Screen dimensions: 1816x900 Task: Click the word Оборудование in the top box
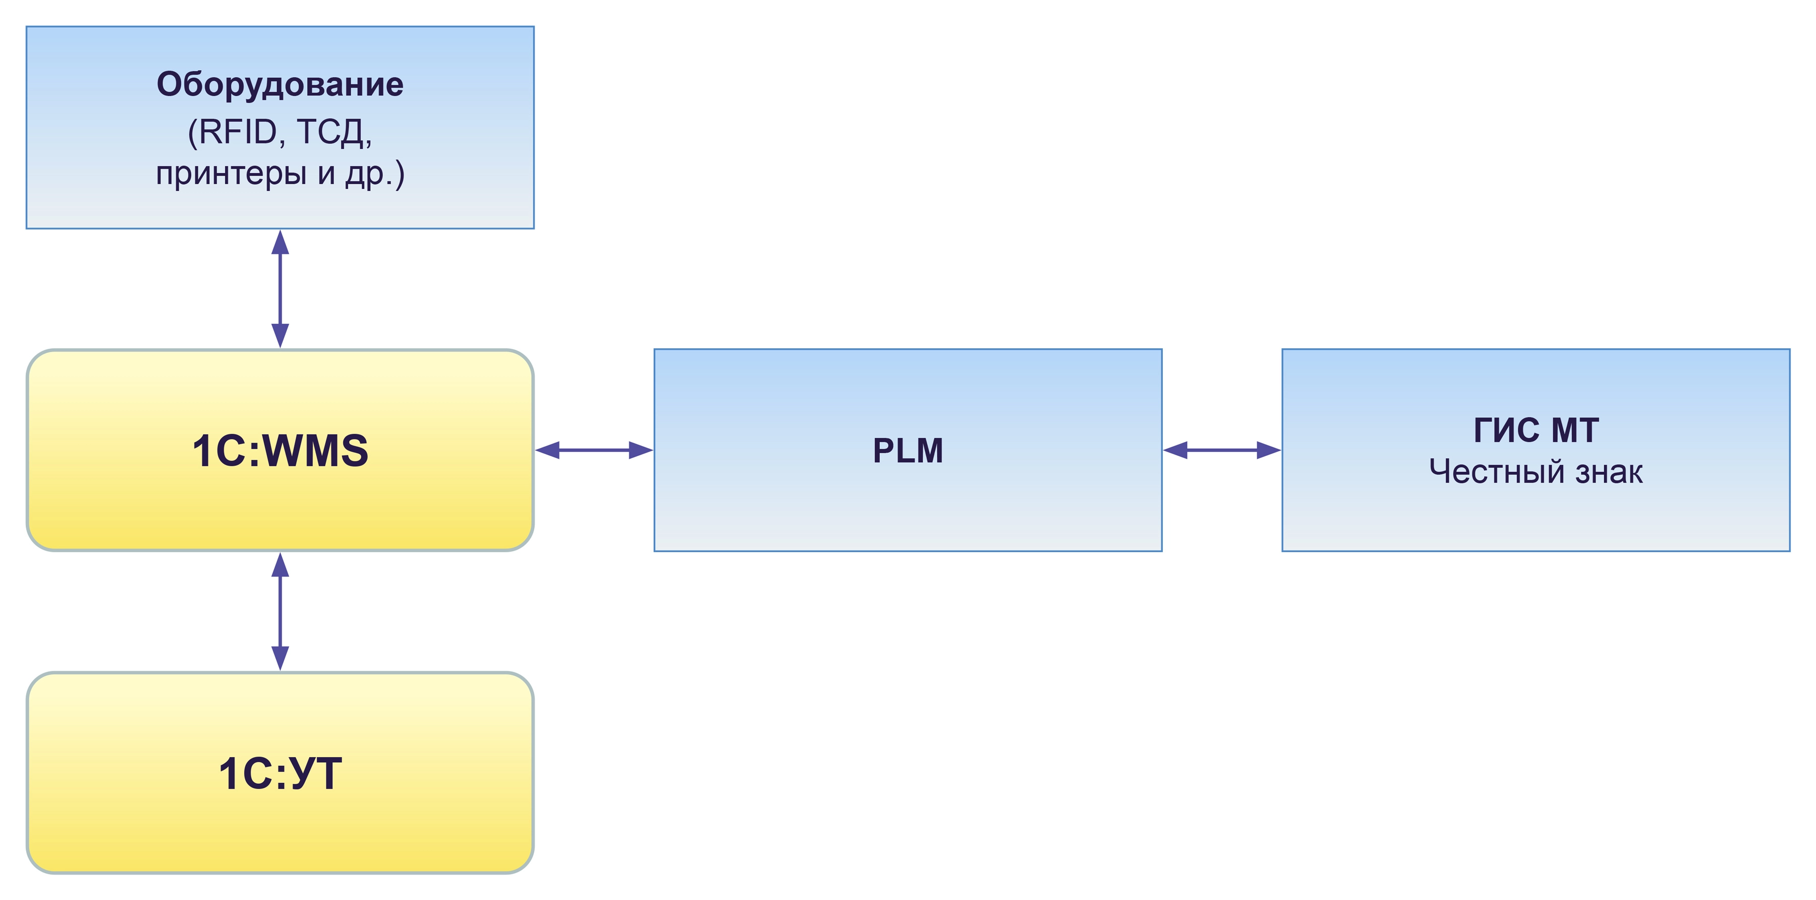(x=280, y=85)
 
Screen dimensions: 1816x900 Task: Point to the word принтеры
(x=231, y=174)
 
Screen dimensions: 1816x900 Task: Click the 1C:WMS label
(x=280, y=450)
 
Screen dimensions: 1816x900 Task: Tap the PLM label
(x=908, y=450)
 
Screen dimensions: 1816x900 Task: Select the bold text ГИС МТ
(x=1536, y=430)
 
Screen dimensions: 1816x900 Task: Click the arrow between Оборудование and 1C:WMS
(x=280, y=289)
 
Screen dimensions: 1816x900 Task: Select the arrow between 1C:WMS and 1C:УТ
(x=280, y=611)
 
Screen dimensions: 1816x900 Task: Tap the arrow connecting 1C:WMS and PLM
(x=594, y=450)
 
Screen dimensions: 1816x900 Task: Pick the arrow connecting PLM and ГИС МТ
(x=1222, y=450)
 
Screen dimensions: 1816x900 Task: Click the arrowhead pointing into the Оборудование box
(x=280, y=242)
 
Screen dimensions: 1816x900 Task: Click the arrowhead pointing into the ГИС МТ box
(x=1269, y=450)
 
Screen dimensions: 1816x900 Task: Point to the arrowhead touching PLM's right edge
(x=1175, y=450)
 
